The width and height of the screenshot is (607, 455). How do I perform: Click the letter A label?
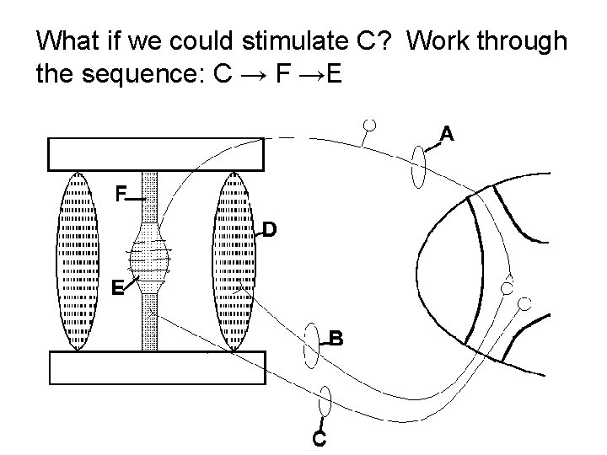point(447,133)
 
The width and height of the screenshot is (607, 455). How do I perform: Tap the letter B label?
point(336,339)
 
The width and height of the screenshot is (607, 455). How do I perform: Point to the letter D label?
point(267,229)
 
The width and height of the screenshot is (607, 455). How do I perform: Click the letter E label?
point(119,288)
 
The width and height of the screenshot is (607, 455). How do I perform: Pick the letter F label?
point(121,195)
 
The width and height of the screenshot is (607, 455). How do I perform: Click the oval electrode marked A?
point(419,167)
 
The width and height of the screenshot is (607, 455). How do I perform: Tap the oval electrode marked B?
point(311,344)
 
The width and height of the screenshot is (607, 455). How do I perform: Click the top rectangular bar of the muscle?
point(156,154)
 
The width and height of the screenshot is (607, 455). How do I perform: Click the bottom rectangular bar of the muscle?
point(156,367)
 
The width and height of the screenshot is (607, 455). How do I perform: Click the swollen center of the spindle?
point(150,252)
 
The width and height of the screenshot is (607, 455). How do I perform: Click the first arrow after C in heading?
point(250,76)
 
